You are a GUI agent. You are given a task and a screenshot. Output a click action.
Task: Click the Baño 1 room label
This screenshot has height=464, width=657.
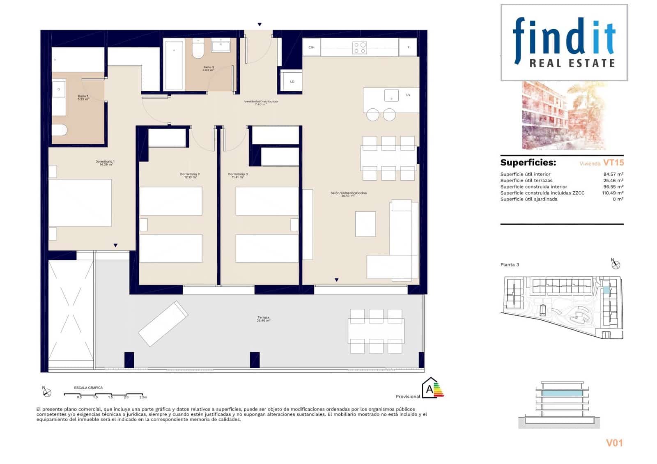[83, 98]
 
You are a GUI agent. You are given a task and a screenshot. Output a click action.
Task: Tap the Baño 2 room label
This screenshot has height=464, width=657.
[208, 69]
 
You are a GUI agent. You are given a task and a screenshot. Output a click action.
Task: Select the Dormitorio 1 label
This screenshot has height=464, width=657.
[105, 163]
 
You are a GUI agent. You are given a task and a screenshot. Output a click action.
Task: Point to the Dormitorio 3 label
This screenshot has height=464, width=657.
[238, 175]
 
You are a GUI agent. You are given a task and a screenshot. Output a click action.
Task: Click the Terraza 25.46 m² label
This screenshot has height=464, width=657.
[264, 319]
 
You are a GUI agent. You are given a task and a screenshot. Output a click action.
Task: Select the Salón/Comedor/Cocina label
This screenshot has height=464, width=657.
[348, 194]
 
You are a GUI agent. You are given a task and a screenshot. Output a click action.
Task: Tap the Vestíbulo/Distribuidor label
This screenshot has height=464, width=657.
[261, 103]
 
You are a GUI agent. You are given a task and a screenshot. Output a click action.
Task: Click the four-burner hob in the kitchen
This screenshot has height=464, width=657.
[360, 48]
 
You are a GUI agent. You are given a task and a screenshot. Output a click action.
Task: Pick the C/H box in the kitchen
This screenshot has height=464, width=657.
[312, 48]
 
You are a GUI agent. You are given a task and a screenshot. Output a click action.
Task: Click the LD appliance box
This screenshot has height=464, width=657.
[292, 81]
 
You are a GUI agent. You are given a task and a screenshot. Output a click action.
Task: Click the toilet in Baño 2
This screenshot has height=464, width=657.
[198, 50]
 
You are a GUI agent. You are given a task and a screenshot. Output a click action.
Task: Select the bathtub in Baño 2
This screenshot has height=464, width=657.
[174, 64]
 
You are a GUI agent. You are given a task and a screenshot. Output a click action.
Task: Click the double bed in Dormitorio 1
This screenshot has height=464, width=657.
[80, 202]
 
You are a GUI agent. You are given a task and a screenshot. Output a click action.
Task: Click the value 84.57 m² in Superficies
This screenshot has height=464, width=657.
[613, 174]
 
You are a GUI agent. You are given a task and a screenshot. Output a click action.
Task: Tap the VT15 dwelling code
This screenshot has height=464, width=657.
[613, 163]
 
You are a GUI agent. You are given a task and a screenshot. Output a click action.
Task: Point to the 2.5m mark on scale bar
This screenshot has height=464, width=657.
[143, 397]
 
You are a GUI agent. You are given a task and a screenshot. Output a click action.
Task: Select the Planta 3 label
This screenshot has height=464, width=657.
[510, 264]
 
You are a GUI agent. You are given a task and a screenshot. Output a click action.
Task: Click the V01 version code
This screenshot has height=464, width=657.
[614, 443]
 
